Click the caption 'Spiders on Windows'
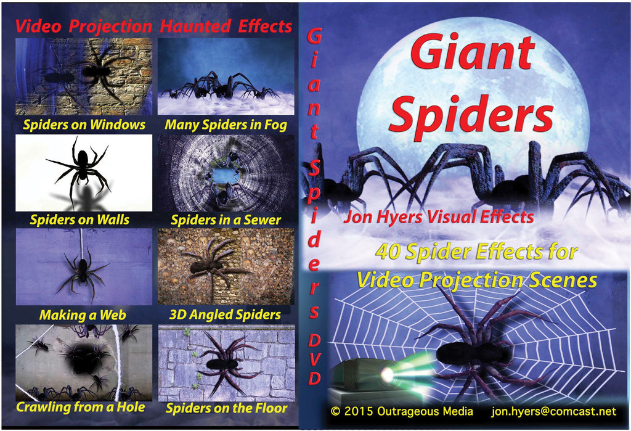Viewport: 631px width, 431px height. [84, 125]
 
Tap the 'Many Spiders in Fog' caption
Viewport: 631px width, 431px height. [226, 125]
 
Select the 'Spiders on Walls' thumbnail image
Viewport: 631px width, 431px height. [84, 173]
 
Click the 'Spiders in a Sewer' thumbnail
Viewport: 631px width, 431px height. [226, 173]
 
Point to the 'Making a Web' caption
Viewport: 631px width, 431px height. [83, 314]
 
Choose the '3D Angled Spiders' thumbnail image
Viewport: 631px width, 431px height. [226, 266]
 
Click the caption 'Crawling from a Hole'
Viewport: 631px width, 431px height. [81, 407]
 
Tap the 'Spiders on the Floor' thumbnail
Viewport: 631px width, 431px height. [227, 363]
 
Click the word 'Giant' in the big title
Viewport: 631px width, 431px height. [473, 53]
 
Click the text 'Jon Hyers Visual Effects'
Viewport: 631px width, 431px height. [439, 216]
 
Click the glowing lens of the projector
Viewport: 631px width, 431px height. [387, 375]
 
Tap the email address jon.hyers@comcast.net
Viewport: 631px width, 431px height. [554, 411]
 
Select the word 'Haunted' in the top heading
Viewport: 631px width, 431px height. [195, 26]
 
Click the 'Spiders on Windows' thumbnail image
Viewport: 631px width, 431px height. [84, 76]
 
